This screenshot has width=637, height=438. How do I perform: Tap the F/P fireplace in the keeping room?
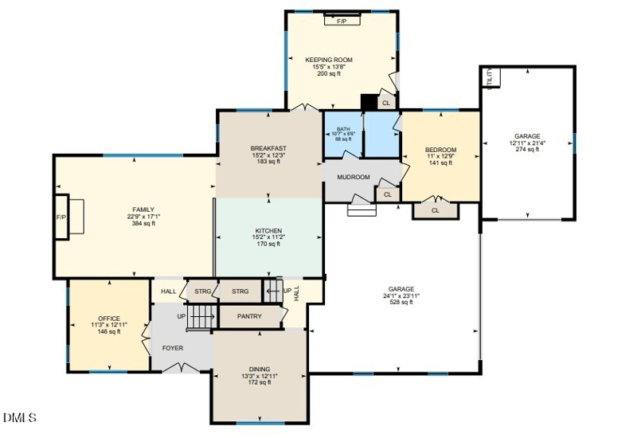(x=342, y=21)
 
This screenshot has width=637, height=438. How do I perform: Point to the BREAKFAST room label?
(x=268, y=148)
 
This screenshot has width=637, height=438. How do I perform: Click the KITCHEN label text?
(x=268, y=231)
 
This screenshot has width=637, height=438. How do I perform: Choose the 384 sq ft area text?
(x=143, y=224)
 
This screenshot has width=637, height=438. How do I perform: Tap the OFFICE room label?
(x=108, y=319)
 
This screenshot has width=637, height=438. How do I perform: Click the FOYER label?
(x=173, y=348)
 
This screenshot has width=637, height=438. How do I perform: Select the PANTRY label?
(x=249, y=316)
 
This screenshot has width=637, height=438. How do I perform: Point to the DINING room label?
(x=260, y=369)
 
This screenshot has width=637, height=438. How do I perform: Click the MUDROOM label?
(x=354, y=177)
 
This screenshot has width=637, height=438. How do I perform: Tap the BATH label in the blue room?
(x=343, y=129)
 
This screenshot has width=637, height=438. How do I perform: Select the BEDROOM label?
(x=440, y=150)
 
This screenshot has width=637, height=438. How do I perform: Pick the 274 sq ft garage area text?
(x=526, y=149)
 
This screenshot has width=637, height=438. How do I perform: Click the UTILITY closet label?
(x=490, y=78)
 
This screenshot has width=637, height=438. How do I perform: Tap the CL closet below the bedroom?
(x=436, y=211)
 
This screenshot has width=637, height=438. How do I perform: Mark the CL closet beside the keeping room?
(x=386, y=103)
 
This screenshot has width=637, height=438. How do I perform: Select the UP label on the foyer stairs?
(x=182, y=316)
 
